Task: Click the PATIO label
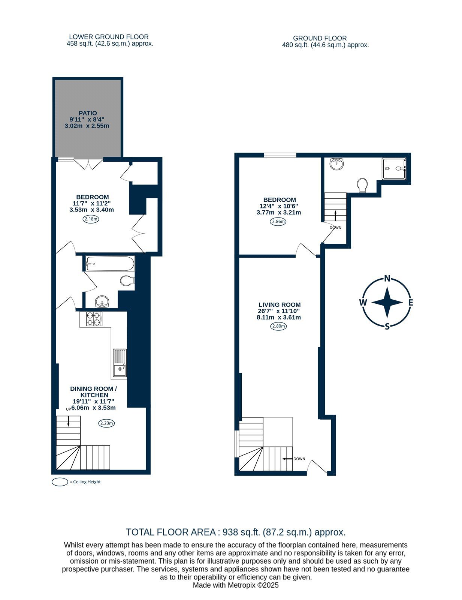click(x=88, y=113)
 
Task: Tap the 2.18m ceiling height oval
click(x=91, y=219)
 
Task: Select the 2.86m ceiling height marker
click(x=278, y=222)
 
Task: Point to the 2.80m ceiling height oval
click(x=278, y=326)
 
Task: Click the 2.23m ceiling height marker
click(x=106, y=423)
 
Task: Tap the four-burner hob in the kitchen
click(x=94, y=319)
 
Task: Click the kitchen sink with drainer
click(x=120, y=363)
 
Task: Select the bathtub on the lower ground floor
click(x=110, y=264)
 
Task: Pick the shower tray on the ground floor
click(x=394, y=168)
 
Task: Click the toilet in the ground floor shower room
click(x=362, y=185)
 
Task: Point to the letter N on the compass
click(x=387, y=279)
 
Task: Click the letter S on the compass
click(x=387, y=327)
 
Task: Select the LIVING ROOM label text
click(x=280, y=304)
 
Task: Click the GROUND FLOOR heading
click(x=320, y=38)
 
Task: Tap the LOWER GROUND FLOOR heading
click(x=109, y=37)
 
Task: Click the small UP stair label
click(x=69, y=409)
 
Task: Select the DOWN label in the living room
click(x=299, y=459)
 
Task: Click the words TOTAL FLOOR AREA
click(x=171, y=532)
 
